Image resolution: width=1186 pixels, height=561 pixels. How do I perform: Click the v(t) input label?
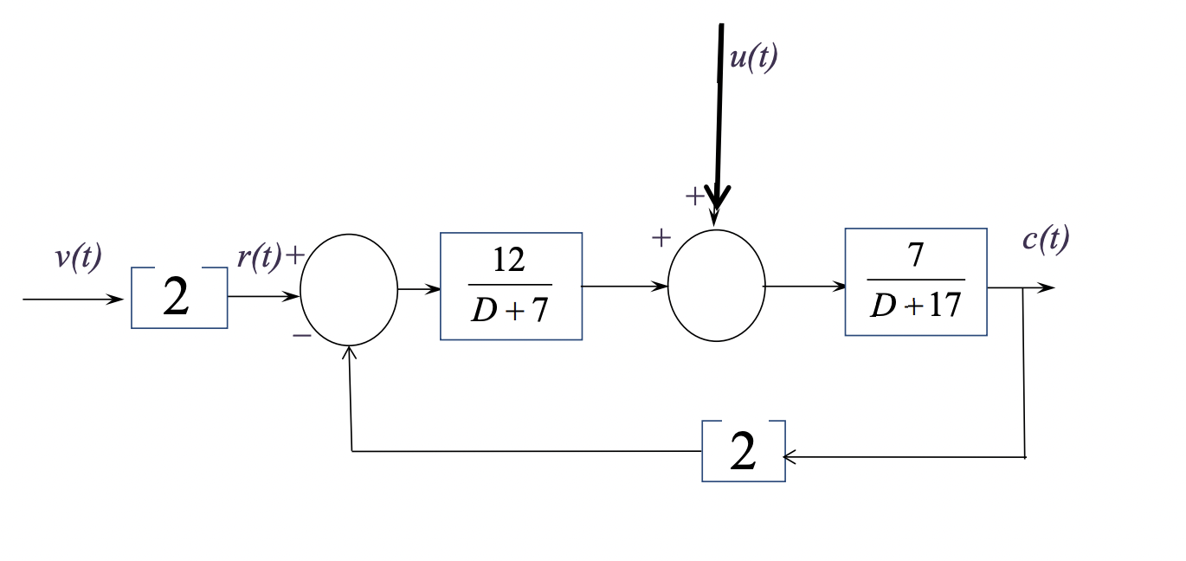[78, 258]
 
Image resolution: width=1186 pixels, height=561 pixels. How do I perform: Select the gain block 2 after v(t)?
[179, 298]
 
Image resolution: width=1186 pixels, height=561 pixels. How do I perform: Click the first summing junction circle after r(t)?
[349, 290]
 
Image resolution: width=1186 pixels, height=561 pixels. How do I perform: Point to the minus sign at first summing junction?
[301, 334]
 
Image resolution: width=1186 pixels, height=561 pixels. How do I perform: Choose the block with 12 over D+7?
[511, 286]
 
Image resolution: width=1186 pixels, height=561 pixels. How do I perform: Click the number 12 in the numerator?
[509, 260]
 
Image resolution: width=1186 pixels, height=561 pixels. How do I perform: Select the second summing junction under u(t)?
[717, 286]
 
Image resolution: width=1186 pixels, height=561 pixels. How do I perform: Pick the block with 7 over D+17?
[916, 281]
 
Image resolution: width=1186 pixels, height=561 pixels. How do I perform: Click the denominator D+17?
[916, 305]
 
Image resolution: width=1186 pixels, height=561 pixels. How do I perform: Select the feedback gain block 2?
[744, 451]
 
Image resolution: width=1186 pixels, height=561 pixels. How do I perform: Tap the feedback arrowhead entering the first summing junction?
[350, 351]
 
